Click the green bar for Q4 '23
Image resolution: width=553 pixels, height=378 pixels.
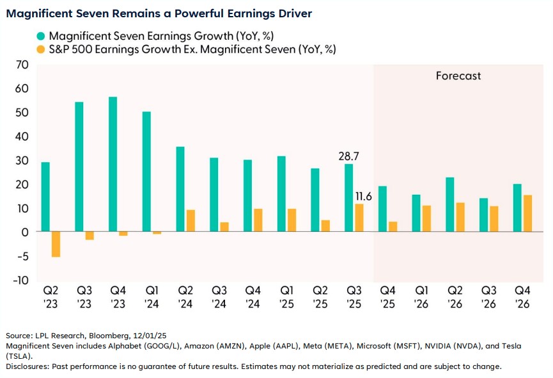tap(113, 164)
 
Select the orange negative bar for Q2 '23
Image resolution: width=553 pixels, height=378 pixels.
tap(56, 244)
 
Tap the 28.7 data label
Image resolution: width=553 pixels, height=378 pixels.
tap(348, 156)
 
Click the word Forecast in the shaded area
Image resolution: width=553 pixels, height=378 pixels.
tap(458, 76)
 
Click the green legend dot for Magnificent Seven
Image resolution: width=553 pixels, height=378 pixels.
tap(41, 35)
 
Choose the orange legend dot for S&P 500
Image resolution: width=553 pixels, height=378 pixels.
tap(41, 49)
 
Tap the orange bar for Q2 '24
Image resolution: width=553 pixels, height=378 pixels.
tap(191, 220)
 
